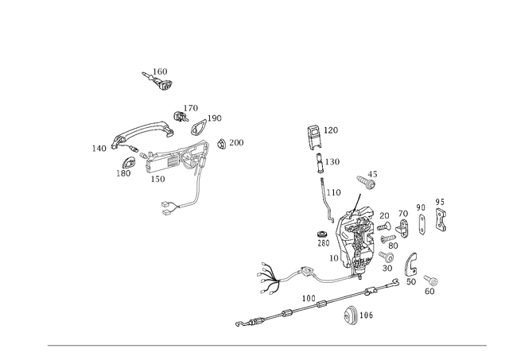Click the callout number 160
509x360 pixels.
(160, 72)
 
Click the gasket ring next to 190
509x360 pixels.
(198, 127)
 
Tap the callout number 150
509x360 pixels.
(157, 179)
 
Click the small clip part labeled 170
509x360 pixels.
(181, 117)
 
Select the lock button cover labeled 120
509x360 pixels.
(313, 137)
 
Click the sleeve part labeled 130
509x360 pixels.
(320, 162)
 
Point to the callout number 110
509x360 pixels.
(334, 192)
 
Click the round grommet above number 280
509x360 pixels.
(321, 234)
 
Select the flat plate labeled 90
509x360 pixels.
(422, 224)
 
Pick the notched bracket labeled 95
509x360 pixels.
(441, 220)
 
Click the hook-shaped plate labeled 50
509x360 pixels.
(411, 264)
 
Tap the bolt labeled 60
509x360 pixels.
(431, 280)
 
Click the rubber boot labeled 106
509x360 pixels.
(350, 314)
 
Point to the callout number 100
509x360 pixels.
(309, 298)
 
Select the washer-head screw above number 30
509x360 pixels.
(387, 257)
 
